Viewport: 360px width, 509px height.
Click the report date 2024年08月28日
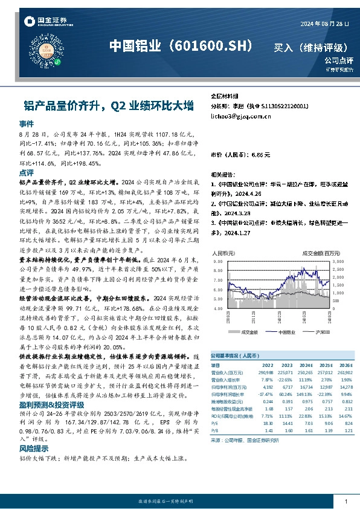[x=324, y=24]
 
